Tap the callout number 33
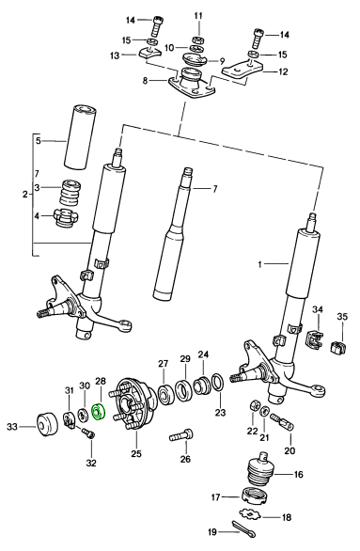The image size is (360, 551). (12, 427)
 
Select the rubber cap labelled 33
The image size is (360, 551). (47, 424)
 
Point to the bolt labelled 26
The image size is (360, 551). (181, 435)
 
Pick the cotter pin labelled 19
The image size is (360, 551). (244, 528)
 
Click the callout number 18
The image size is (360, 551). (287, 517)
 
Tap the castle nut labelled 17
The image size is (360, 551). (255, 496)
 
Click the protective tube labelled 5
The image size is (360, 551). (80, 136)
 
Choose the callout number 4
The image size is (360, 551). (37, 215)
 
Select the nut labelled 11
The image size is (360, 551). (198, 39)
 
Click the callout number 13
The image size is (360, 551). (115, 55)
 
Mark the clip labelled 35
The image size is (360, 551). (338, 346)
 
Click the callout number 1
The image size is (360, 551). (260, 264)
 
